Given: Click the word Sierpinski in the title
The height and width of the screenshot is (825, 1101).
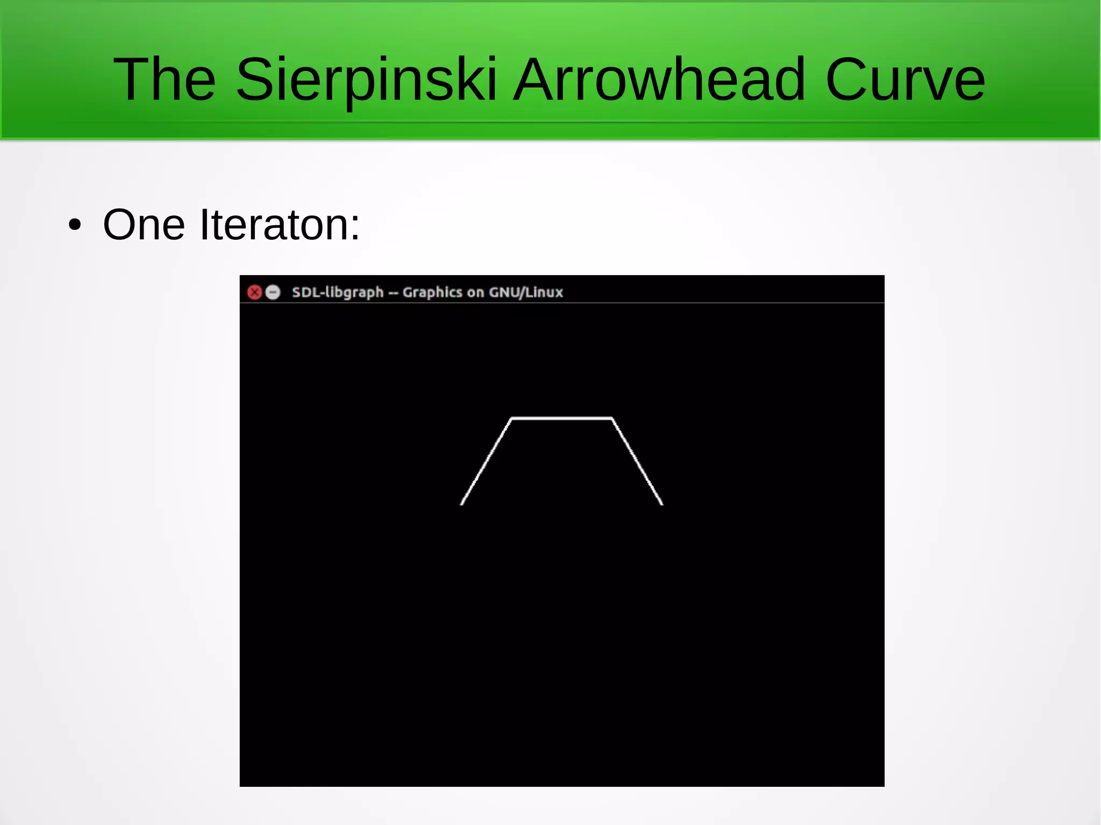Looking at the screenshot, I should tap(366, 81).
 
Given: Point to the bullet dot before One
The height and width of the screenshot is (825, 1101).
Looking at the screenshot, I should tap(75, 225).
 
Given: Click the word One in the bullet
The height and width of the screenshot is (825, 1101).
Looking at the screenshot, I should tap(144, 225).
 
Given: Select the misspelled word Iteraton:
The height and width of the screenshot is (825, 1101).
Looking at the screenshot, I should tap(280, 225).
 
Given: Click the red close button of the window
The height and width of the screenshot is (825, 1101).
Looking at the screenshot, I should tap(254, 292).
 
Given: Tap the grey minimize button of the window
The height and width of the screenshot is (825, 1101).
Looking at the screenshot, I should tap(273, 292).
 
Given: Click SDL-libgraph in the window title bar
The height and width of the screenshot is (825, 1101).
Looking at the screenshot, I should tap(338, 292).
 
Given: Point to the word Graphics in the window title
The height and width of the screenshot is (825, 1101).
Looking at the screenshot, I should tap(432, 292).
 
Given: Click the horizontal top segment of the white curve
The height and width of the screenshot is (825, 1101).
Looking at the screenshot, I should tap(562, 418).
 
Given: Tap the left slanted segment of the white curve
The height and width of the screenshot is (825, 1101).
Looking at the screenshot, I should tap(486, 461).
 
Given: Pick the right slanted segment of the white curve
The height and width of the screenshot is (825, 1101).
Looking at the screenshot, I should tap(638, 461).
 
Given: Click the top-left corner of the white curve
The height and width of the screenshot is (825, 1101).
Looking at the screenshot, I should tap(511, 418).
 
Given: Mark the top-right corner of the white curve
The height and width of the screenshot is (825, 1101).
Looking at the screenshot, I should tap(612, 418).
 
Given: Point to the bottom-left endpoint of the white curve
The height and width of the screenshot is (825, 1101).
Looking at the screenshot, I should tap(462, 504).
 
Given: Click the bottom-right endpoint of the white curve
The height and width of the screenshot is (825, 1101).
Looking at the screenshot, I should tap(662, 504).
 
